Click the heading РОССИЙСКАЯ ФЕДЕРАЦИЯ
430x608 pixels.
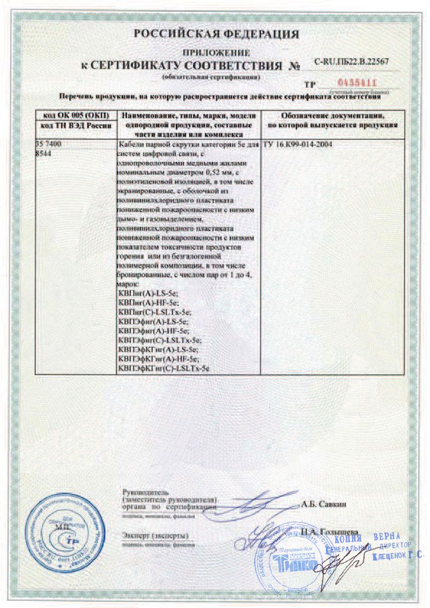point(216,34)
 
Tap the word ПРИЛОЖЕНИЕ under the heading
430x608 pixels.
point(216,53)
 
